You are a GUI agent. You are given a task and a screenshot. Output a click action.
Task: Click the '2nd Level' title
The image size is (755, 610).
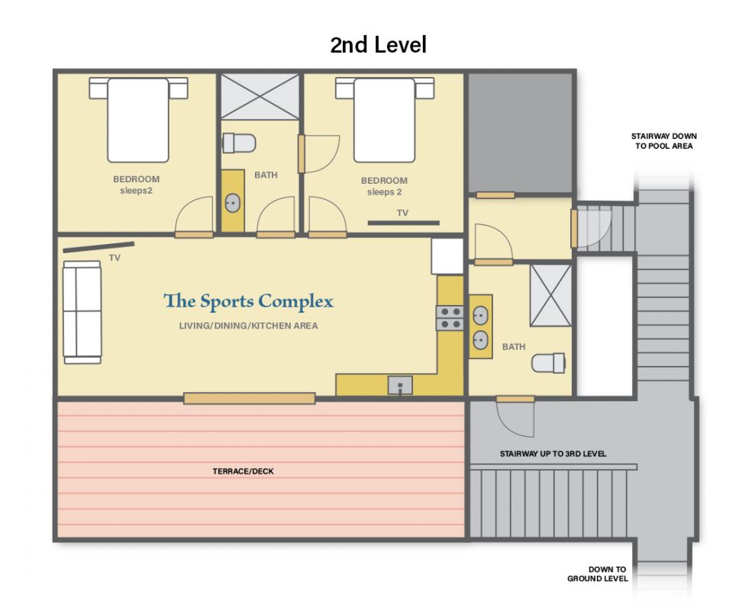378,45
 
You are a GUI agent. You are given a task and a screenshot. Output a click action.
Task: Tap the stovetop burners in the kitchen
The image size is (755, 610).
450,318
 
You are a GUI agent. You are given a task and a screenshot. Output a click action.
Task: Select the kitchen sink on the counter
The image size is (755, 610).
400,385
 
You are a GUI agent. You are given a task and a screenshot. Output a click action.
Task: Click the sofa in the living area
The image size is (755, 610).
82,312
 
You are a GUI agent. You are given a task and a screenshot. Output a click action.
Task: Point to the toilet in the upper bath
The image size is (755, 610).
239,143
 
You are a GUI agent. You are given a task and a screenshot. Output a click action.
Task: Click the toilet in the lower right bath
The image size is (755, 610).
548,363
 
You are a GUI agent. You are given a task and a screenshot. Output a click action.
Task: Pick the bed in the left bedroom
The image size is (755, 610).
138,120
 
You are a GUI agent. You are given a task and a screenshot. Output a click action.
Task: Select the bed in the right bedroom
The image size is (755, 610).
385,120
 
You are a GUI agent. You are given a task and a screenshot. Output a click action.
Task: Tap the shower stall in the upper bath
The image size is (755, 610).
260,96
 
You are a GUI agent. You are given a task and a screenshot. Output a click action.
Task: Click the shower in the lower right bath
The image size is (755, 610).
550,295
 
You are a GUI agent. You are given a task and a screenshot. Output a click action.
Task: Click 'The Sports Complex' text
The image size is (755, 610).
248,302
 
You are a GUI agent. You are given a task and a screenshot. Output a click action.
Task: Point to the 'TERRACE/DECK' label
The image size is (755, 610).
244,471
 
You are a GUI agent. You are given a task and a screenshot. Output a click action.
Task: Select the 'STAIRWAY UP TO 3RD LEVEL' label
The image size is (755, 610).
553,454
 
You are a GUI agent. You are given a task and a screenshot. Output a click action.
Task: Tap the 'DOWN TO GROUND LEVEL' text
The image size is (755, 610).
598,574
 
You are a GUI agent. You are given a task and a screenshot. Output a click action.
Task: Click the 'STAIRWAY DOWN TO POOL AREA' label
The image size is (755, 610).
664,141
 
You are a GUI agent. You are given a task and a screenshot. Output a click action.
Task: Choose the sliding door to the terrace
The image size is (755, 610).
250,398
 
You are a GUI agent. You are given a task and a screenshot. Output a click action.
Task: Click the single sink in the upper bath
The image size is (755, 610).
233,203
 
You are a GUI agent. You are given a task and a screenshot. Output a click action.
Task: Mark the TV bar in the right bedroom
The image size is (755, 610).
404,223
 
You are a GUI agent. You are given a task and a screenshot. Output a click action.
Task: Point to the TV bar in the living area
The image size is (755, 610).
98,247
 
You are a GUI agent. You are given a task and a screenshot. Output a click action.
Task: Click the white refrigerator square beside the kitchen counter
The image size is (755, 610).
447,256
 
